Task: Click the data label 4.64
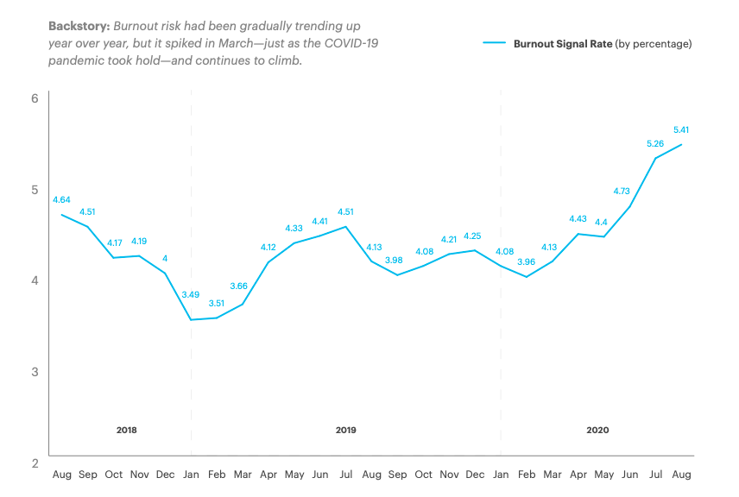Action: coord(61,198)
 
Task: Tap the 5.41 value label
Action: coord(680,130)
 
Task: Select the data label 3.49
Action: coord(191,294)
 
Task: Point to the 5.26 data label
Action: coord(655,143)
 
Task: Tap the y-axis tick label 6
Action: coord(35,98)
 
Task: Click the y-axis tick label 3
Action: coord(35,372)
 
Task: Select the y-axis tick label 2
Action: coord(35,463)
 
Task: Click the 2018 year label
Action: coord(126,430)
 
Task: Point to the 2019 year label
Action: coord(345,430)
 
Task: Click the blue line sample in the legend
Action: coord(494,43)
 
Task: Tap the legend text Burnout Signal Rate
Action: coord(562,43)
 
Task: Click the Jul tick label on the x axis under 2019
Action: coord(345,475)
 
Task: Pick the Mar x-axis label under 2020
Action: coord(552,475)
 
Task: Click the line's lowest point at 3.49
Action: coord(191,320)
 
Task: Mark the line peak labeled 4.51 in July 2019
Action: coord(345,227)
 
